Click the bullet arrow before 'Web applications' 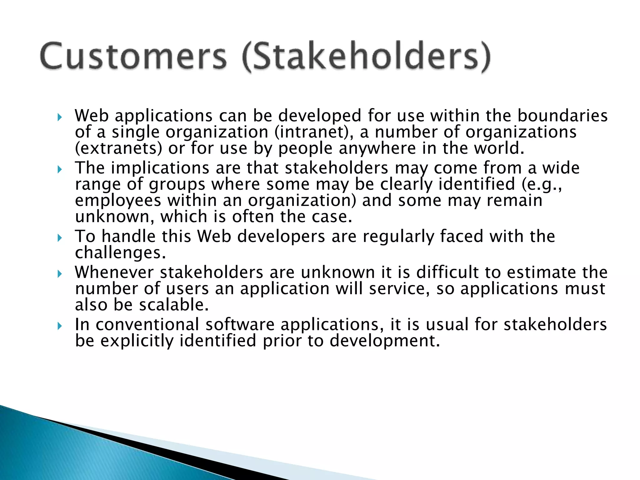tap(60, 118)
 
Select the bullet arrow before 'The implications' tap(60, 170)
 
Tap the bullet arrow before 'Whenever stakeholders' tap(60, 274)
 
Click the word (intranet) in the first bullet tap(314, 132)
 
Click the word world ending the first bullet tap(499, 148)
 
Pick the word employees tap(118, 201)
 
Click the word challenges tap(120, 252)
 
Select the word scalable tap(174, 305)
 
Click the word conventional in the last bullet tap(147, 324)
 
